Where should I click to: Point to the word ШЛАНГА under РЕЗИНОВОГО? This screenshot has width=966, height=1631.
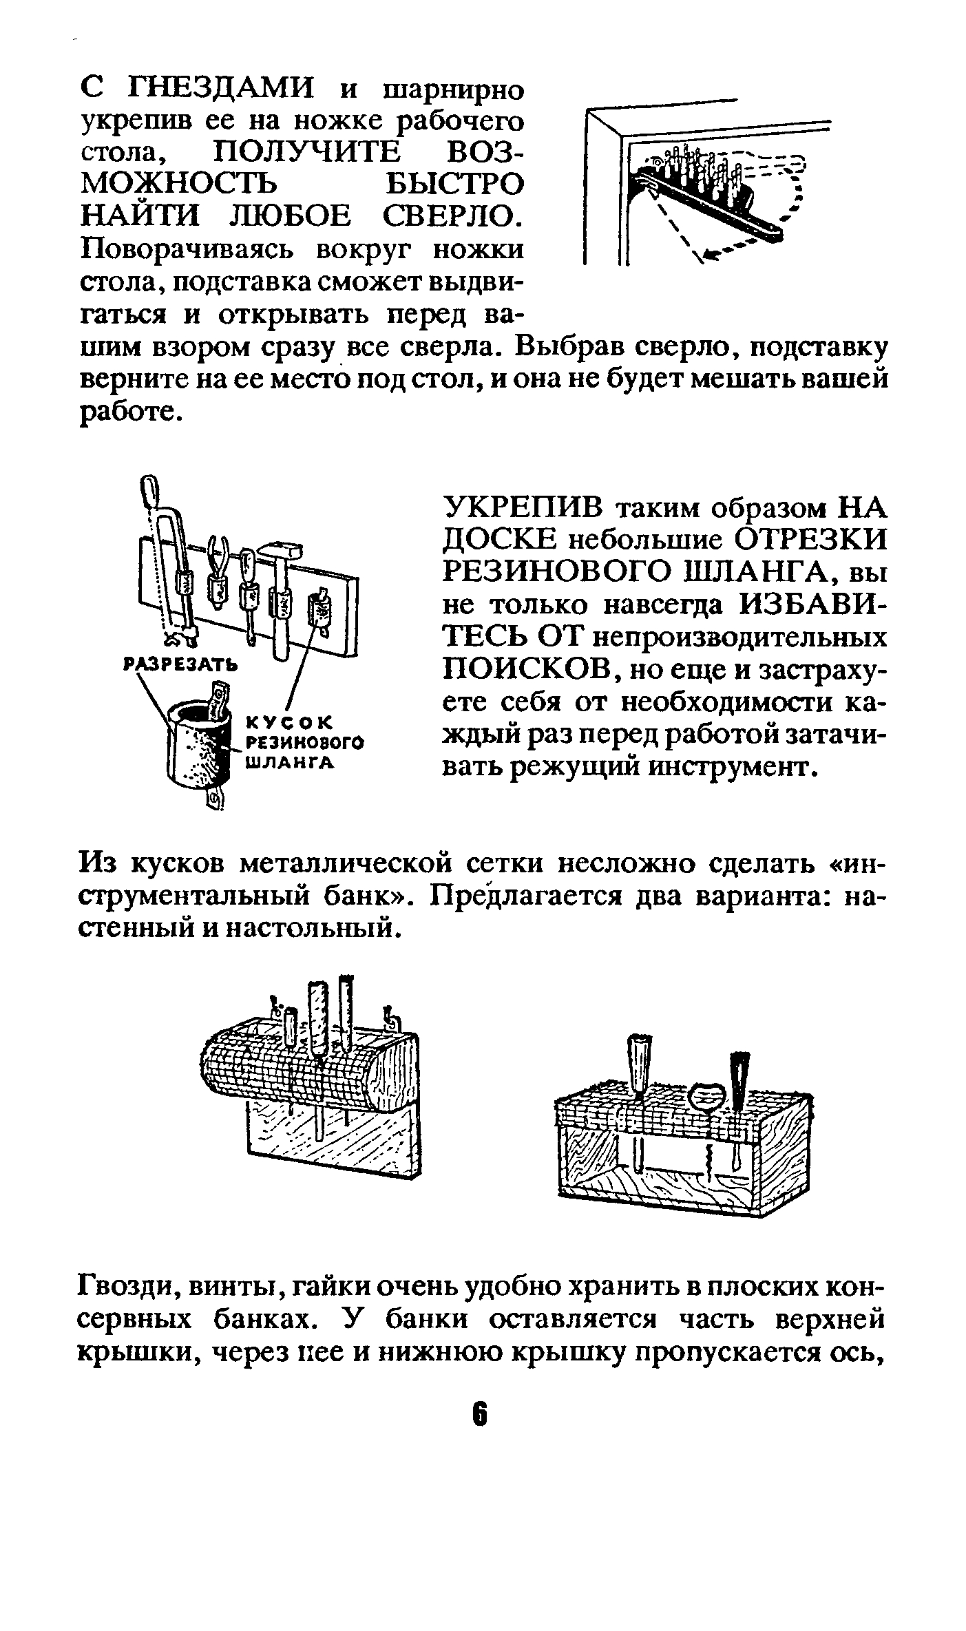tap(290, 762)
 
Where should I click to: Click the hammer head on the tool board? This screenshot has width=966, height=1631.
tap(281, 547)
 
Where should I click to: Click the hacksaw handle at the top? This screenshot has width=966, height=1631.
tap(149, 492)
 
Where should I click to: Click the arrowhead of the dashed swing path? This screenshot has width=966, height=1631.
tap(706, 255)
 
